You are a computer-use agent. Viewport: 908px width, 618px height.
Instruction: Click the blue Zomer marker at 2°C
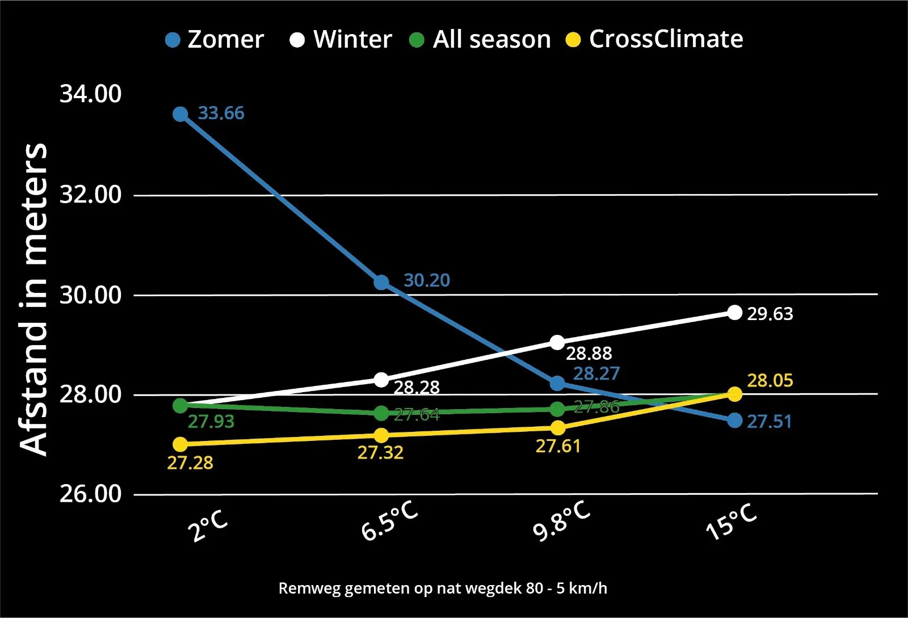tap(180, 114)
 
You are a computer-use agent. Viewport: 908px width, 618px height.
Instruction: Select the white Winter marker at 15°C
tap(735, 312)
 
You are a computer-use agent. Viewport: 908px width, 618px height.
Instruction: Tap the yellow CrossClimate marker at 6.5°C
tap(381, 435)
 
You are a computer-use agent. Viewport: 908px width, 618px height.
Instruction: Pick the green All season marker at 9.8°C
tap(558, 409)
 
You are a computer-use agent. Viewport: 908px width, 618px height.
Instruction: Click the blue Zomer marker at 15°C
tap(735, 421)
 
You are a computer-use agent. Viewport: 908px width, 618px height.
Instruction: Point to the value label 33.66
tap(221, 113)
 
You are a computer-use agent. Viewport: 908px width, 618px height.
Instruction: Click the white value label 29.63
tap(770, 314)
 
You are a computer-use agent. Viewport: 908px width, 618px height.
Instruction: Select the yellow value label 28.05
tap(770, 380)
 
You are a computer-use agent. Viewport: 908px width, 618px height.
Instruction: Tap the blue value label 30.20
tap(427, 280)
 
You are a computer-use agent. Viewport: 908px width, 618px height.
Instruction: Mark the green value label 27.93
tap(211, 422)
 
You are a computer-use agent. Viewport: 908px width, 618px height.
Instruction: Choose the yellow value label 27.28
tap(190, 463)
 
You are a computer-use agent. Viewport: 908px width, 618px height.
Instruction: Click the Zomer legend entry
tap(215, 40)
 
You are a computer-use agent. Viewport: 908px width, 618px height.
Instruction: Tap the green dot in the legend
tap(417, 40)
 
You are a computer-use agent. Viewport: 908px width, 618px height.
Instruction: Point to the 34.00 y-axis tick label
tap(91, 94)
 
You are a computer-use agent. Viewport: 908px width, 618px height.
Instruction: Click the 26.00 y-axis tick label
tap(91, 494)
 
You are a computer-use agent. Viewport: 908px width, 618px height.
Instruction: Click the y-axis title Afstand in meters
tap(34, 298)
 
